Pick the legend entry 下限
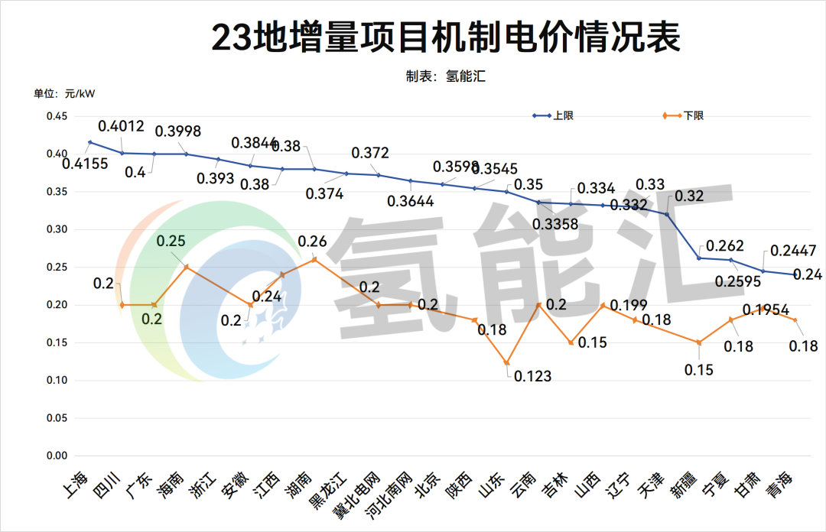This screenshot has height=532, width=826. pos(693,115)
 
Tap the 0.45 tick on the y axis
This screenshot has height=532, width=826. pos(58,116)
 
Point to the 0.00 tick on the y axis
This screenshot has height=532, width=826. pos(58,456)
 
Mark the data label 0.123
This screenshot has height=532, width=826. pos(532,376)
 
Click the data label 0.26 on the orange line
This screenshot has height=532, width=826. pos(311,242)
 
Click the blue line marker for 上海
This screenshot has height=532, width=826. pos(89,142)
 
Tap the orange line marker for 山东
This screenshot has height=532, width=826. pos(506,363)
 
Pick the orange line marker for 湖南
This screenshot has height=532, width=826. pos(314,259)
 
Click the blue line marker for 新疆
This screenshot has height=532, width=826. pos(699,258)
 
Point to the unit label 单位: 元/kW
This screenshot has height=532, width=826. pos(64,94)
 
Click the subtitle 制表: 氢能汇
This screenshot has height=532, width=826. pos(447,76)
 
